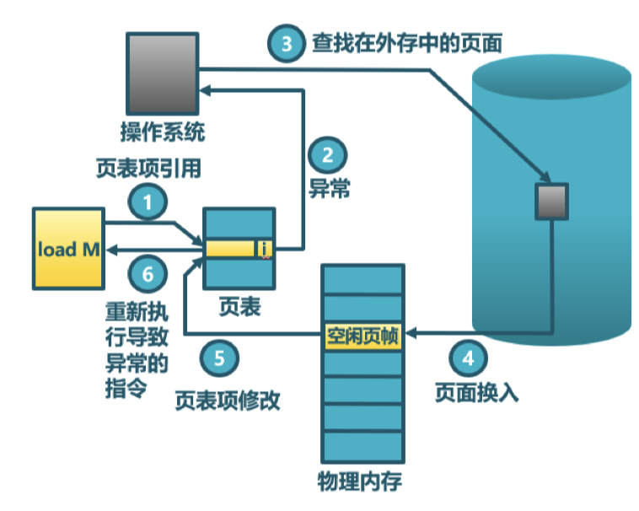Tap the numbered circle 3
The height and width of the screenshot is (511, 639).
pyautogui.click(x=287, y=43)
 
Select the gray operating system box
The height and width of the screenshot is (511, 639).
pyautogui.click(x=161, y=73)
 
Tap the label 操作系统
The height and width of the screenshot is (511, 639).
pyautogui.click(x=162, y=133)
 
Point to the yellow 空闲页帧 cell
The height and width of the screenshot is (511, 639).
pyautogui.click(x=362, y=335)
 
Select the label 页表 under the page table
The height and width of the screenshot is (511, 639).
pyautogui.click(x=233, y=306)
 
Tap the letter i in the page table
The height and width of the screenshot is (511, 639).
pyautogui.click(x=265, y=249)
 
